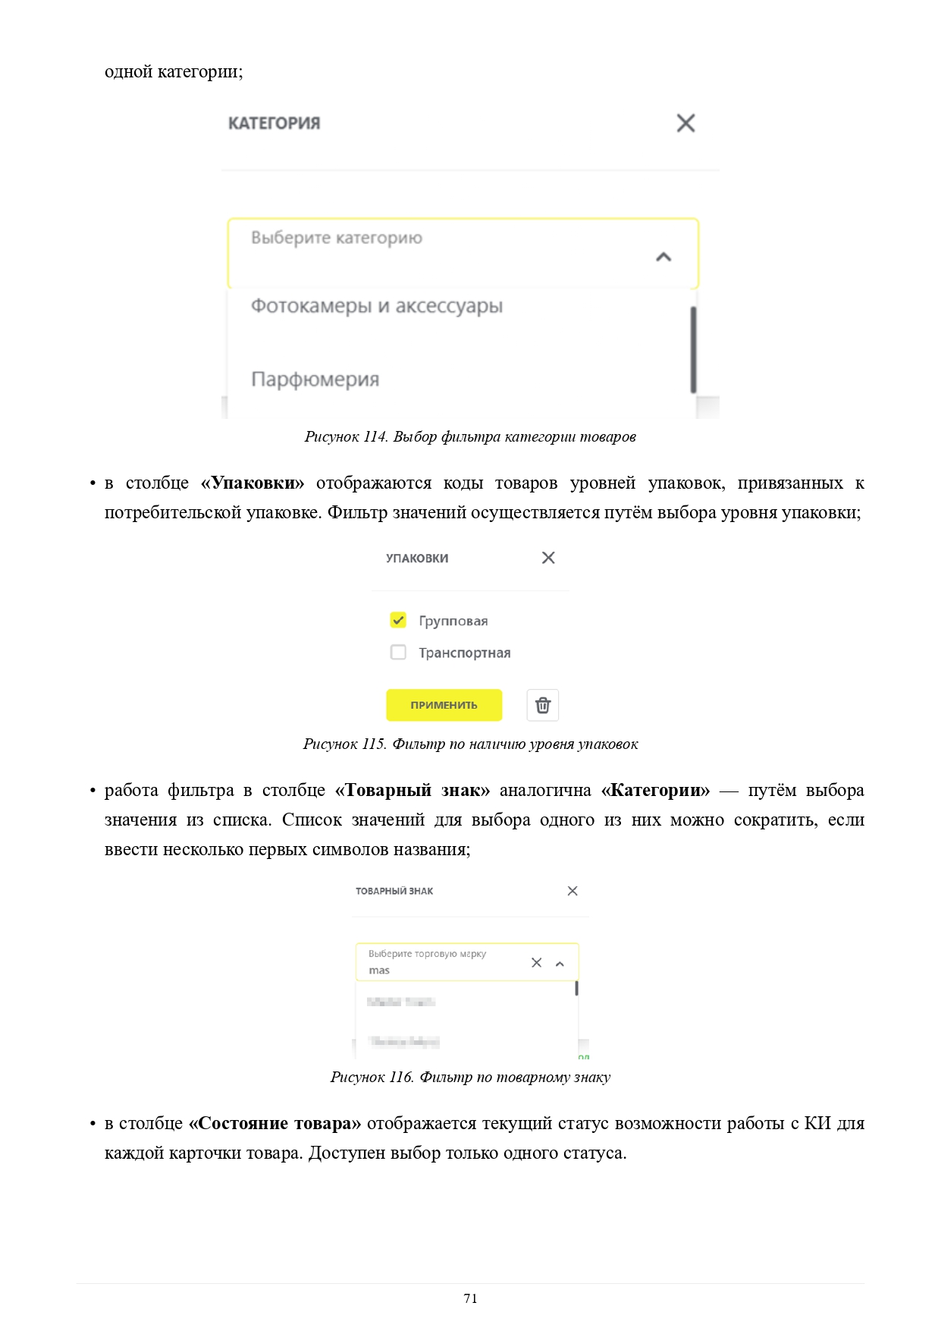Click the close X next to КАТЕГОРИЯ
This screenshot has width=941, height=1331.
pos(685,123)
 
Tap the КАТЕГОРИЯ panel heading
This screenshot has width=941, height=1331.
pos(274,123)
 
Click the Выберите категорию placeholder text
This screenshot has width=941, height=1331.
pos(337,238)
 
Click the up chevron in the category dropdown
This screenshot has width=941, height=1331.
pos(663,257)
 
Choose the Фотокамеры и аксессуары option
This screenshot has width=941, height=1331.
pos(377,307)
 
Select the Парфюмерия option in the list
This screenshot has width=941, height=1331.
pos(315,379)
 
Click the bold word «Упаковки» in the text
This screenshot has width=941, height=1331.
pos(253,483)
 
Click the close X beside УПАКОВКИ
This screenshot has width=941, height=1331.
pos(548,558)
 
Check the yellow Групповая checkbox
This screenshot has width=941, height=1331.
pos(398,620)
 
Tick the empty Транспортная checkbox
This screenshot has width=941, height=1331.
pos(398,653)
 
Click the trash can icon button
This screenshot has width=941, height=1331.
pos(543,705)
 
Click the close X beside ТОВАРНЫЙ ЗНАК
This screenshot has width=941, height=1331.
pos(572,891)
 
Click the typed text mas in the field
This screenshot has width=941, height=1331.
pos(379,971)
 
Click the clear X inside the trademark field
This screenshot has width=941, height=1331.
pos(537,962)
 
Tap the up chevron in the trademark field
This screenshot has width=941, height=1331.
pos(560,964)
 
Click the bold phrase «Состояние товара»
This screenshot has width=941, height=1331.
pos(274,1124)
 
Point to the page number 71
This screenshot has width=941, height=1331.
pos(470,1298)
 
